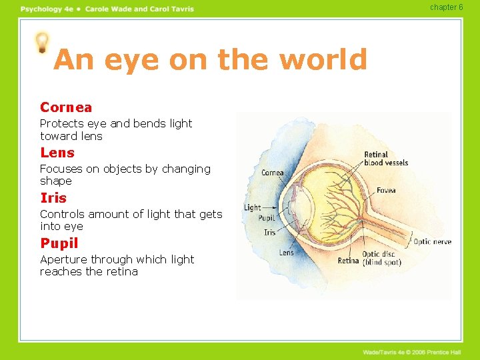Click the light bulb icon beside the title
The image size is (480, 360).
[x=43, y=42]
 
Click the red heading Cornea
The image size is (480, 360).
[x=66, y=107]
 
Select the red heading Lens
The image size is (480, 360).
[x=57, y=153]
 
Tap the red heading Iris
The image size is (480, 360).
[x=53, y=198]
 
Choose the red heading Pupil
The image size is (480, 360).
[x=59, y=243]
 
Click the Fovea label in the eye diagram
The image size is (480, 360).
[x=386, y=191]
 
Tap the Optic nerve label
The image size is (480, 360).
[x=432, y=241]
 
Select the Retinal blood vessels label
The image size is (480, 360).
[x=386, y=159]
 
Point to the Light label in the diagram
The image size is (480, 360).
[x=253, y=207]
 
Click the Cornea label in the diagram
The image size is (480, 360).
[x=273, y=173]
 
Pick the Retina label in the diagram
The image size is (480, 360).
[x=348, y=261]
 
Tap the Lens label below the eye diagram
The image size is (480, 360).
[x=287, y=253]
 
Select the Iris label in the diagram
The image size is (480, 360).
[x=269, y=232]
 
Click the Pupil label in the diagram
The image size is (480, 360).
[x=267, y=219]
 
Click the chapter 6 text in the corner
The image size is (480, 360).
[x=446, y=7]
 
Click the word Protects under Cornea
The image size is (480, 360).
[x=62, y=123]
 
